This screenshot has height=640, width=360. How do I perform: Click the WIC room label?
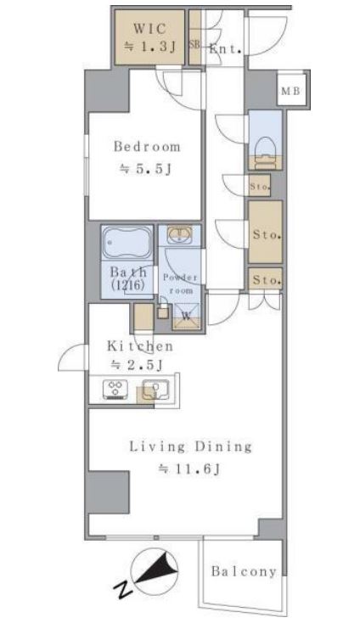(149, 30)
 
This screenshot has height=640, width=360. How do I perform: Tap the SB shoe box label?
(194, 44)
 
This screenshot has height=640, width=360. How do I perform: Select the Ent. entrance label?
(225, 50)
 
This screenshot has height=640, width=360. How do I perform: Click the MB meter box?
(291, 91)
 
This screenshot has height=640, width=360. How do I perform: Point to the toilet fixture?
(265, 154)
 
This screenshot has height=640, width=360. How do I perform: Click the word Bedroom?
(147, 146)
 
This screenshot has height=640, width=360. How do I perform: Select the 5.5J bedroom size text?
(145, 169)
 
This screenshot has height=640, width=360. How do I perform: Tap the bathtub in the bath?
(127, 243)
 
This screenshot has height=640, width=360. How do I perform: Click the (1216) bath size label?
(127, 286)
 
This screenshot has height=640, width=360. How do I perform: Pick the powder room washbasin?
(179, 234)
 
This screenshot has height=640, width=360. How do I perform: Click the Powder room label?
(180, 284)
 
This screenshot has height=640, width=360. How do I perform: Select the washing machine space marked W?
(187, 316)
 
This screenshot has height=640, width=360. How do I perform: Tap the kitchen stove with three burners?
(115, 389)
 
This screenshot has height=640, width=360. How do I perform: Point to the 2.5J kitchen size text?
(137, 365)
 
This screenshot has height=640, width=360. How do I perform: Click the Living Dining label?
(190, 446)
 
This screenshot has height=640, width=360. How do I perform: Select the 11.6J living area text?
(190, 469)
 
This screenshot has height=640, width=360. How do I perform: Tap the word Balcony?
(244, 572)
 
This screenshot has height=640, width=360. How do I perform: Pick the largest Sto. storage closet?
(265, 232)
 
